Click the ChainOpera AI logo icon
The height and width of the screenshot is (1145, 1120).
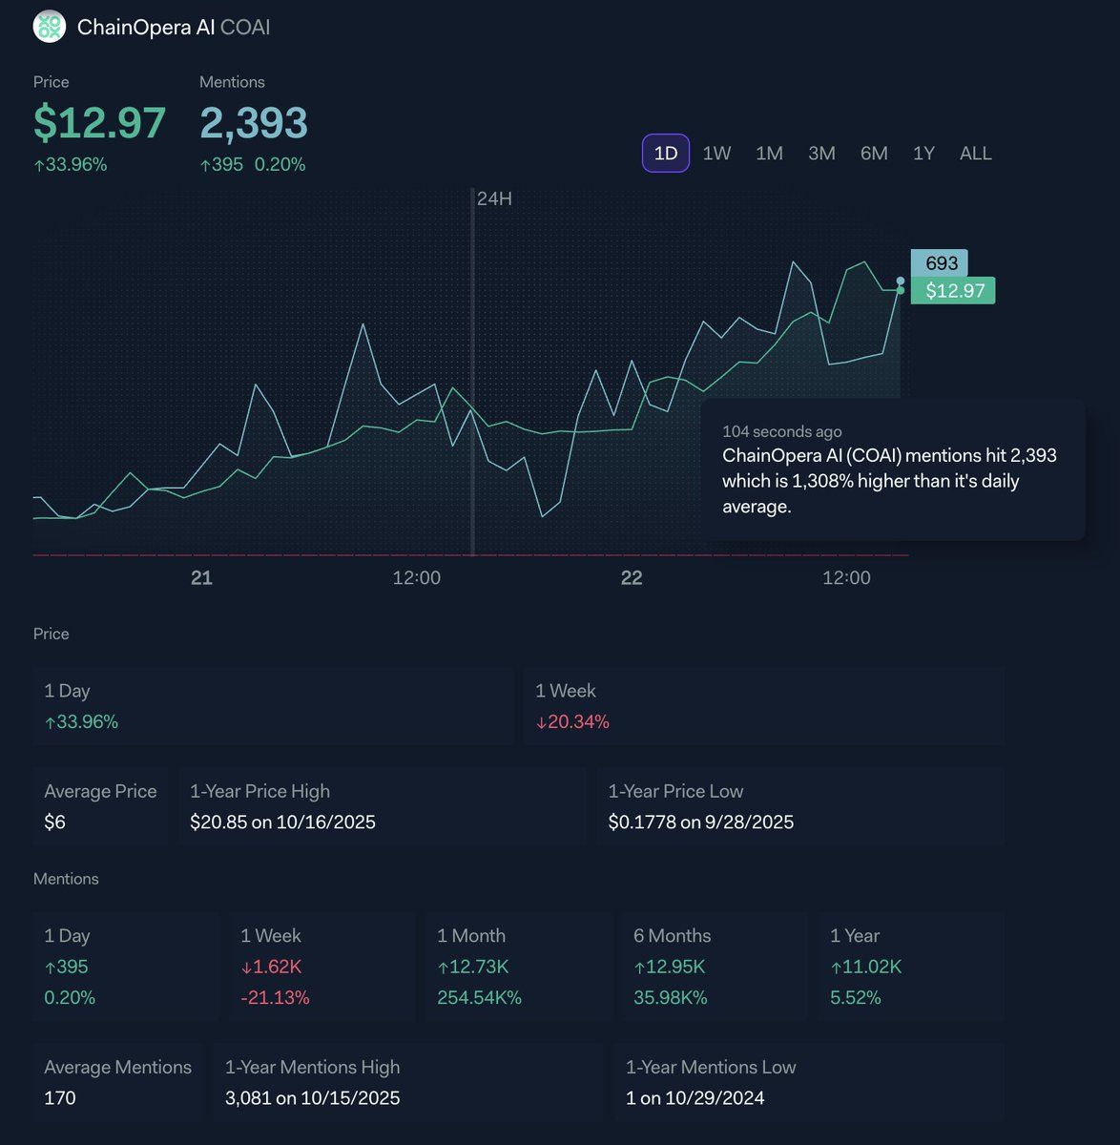coord(49,27)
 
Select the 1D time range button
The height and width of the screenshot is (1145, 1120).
coord(666,154)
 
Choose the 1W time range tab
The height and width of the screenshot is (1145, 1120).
coord(716,154)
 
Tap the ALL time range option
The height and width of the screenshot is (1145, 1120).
coord(975,154)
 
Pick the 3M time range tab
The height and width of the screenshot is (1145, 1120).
coord(821,154)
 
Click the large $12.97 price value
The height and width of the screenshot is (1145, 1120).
coord(99,123)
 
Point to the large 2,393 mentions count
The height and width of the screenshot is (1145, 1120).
coord(254,123)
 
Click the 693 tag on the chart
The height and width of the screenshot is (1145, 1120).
coord(940,263)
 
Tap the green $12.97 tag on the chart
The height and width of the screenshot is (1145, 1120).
coord(953,290)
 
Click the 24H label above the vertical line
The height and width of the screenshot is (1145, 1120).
coord(494,198)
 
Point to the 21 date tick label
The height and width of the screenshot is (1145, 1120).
coord(201,577)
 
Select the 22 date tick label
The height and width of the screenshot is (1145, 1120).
coord(632,577)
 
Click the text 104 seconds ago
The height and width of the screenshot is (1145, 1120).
coord(781,431)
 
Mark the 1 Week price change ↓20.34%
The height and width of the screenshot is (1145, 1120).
coord(572,722)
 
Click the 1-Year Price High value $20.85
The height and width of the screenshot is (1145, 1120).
coord(282,822)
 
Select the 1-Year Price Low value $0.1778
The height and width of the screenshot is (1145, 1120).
coord(700,822)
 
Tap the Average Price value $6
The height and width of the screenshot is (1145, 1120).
coord(55,822)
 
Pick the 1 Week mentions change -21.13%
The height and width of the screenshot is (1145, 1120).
coord(275,998)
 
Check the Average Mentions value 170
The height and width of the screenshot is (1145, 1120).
coord(60,1098)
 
